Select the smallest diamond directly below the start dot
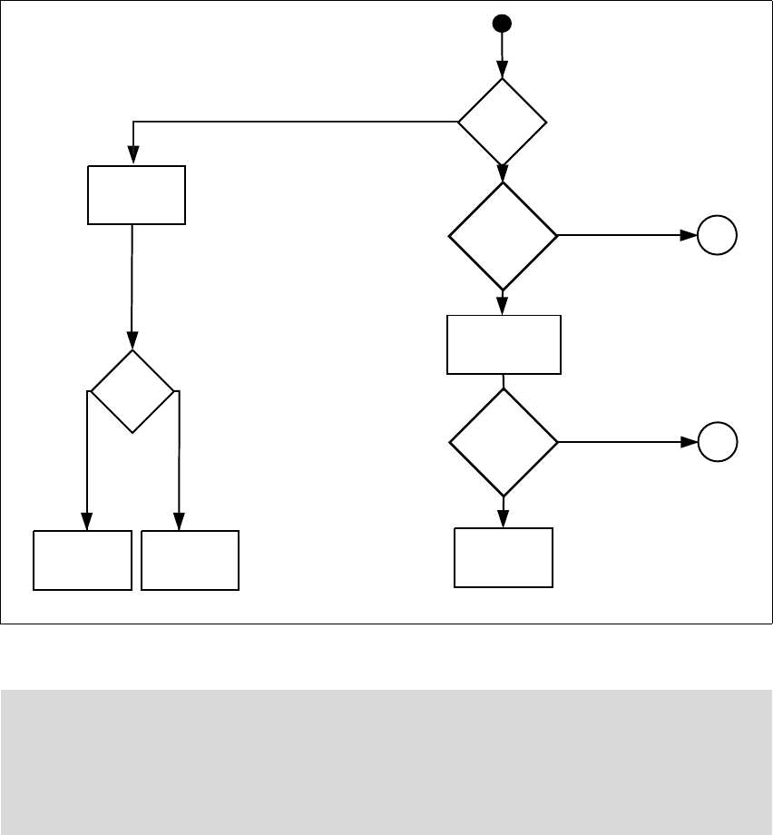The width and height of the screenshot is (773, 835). click(503, 122)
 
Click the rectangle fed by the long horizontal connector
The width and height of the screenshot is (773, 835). click(136, 194)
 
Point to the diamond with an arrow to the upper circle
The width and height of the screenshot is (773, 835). click(504, 236)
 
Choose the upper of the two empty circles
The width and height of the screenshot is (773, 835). click(718, 236)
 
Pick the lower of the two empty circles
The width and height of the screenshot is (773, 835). click(718, 442)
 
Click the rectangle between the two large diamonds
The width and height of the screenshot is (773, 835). click(504, 344)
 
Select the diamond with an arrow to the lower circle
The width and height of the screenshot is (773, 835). click(504, 442)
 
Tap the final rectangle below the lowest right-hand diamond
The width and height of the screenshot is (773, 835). click(504, 557)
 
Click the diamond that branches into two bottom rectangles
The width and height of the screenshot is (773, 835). click(132, 391)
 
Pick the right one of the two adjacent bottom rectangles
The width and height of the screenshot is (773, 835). click(191, 561)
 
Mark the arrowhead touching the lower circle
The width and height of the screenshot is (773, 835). click(690, 442)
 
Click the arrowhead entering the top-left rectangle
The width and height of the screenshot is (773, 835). click(134, 159)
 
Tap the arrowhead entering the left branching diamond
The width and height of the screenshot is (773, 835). click(132, 343)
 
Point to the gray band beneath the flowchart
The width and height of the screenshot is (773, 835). click(386, 761)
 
